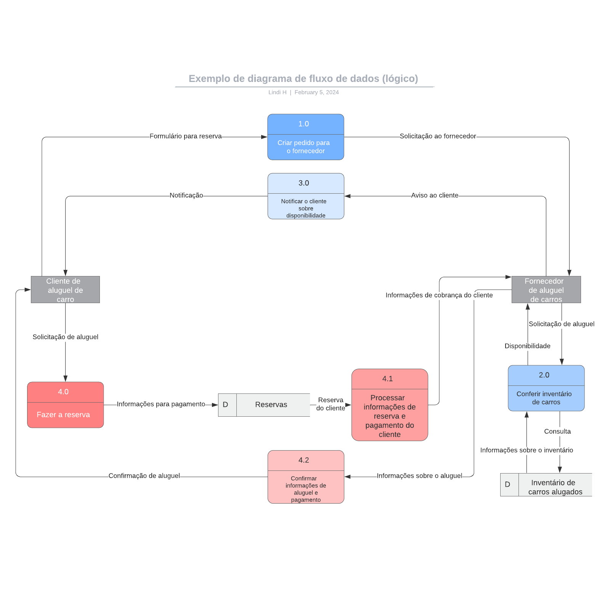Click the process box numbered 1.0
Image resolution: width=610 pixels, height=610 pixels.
coord(305,137)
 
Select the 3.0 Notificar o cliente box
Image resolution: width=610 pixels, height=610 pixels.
coord(305,196)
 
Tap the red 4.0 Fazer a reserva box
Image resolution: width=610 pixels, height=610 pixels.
coord(65,405)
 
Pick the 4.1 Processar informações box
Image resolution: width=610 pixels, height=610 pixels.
coord(389,405)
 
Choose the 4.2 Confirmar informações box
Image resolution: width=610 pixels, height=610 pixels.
coord(305,477)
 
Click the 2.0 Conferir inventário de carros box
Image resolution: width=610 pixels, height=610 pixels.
coord(546,388)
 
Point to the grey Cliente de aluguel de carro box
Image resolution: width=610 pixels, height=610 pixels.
coord(65,289)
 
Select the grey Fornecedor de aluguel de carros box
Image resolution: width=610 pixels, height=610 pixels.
coord(546,289)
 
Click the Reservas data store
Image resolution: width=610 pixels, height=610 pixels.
coord(264,405)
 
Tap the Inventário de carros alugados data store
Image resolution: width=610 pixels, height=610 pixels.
coord(546,485)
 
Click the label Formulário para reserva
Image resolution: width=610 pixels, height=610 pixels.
coord(185,136)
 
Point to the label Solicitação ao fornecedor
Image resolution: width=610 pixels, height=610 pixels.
coord(438,136)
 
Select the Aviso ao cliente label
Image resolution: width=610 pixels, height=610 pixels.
coord(435,195)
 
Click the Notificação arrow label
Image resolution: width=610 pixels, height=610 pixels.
coord(186,195)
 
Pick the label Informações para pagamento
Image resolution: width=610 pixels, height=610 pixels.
coord(161,404)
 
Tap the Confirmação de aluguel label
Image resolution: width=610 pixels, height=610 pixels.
coord(144,476)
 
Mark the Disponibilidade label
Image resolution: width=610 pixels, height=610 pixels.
coord(527,346)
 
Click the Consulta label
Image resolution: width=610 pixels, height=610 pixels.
coord(557,431)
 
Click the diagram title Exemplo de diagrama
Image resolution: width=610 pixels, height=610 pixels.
coord(303,79)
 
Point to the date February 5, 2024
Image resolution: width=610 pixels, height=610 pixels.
coord(316,92)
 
